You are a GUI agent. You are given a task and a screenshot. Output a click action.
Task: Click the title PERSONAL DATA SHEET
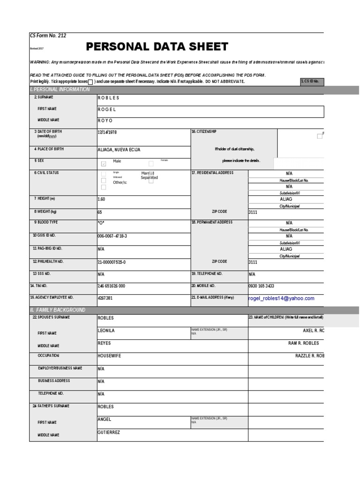(x=157, y=46)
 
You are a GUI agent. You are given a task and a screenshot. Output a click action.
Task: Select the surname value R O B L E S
(x=108, y=97)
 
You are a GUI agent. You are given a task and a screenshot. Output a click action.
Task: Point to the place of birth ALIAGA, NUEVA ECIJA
(x=119, y=150)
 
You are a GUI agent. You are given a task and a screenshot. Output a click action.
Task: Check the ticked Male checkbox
(x=104, y=164)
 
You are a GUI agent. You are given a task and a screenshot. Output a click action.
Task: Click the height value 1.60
(x=101, y=199)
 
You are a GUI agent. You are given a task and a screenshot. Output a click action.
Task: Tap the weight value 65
(x=100, y=212)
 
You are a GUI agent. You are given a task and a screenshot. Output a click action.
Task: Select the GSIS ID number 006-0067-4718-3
(x=112, y=236)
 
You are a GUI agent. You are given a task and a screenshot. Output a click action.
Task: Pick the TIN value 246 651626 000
(x=111, y=286)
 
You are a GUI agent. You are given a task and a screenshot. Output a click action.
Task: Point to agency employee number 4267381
(x=105, y=298)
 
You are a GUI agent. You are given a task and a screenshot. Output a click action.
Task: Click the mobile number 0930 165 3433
(x=261, y=286)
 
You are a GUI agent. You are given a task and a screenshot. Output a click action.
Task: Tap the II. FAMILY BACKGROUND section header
(x=58, y=310)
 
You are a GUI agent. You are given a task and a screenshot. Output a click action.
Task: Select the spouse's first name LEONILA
(x=106, y=330)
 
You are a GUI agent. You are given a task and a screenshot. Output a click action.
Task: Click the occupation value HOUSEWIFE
(x=109, y=356)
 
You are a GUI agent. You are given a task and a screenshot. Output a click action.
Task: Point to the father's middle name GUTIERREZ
(x=109, y=432)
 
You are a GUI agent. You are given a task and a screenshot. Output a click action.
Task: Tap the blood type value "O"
(x=102, y=223)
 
